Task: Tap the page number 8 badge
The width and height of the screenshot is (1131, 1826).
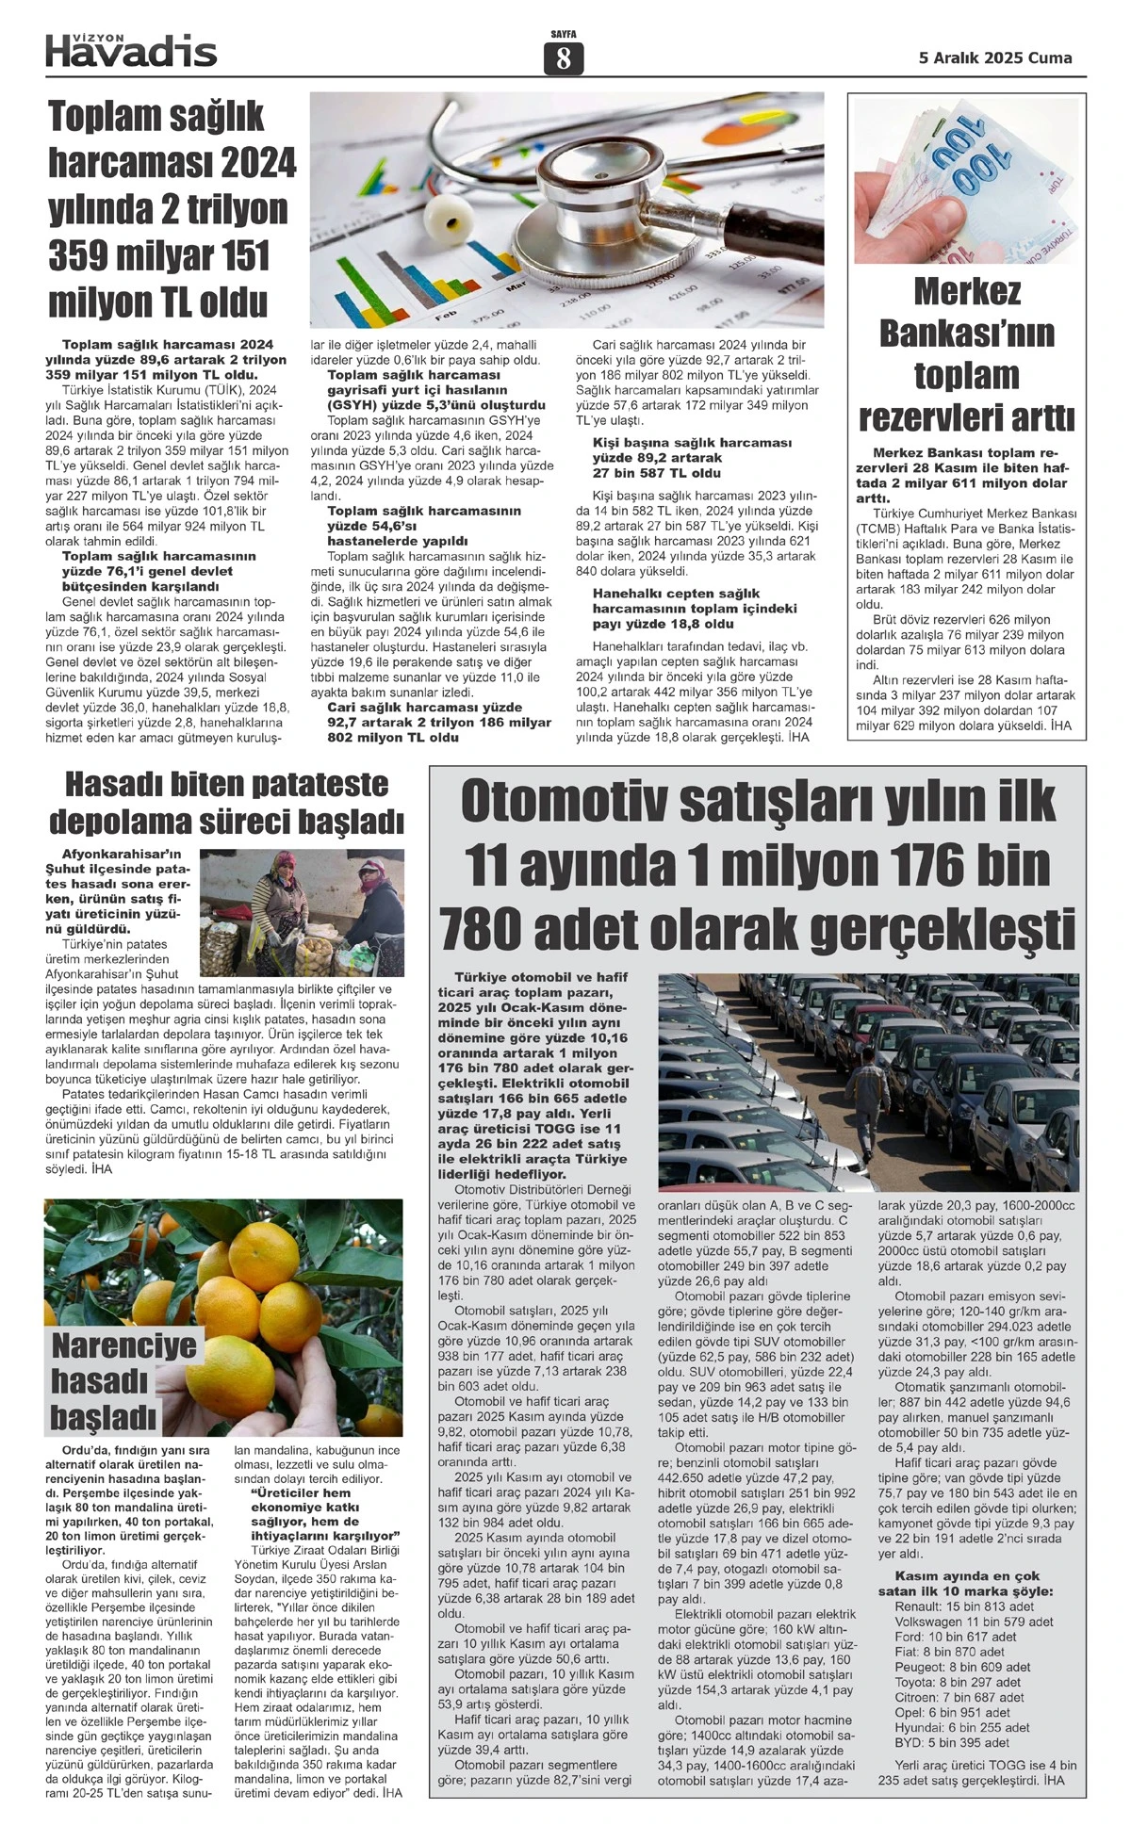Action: (563, 59)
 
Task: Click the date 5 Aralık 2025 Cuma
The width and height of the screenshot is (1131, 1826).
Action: (995, 58)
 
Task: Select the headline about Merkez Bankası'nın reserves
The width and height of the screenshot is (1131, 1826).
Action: (967, 354)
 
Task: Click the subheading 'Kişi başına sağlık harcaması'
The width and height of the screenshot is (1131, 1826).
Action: (692, 457)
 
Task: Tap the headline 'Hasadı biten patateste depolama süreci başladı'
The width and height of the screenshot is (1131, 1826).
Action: (226, 803)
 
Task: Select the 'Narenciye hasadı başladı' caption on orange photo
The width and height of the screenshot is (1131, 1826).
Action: (123, 1380)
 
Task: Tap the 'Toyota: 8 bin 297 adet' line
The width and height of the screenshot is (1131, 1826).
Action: (958, 1682)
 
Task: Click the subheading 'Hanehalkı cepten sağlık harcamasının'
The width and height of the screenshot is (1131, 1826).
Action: (695, 609)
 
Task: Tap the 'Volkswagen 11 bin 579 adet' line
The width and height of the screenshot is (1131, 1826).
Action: (974, 1621)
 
